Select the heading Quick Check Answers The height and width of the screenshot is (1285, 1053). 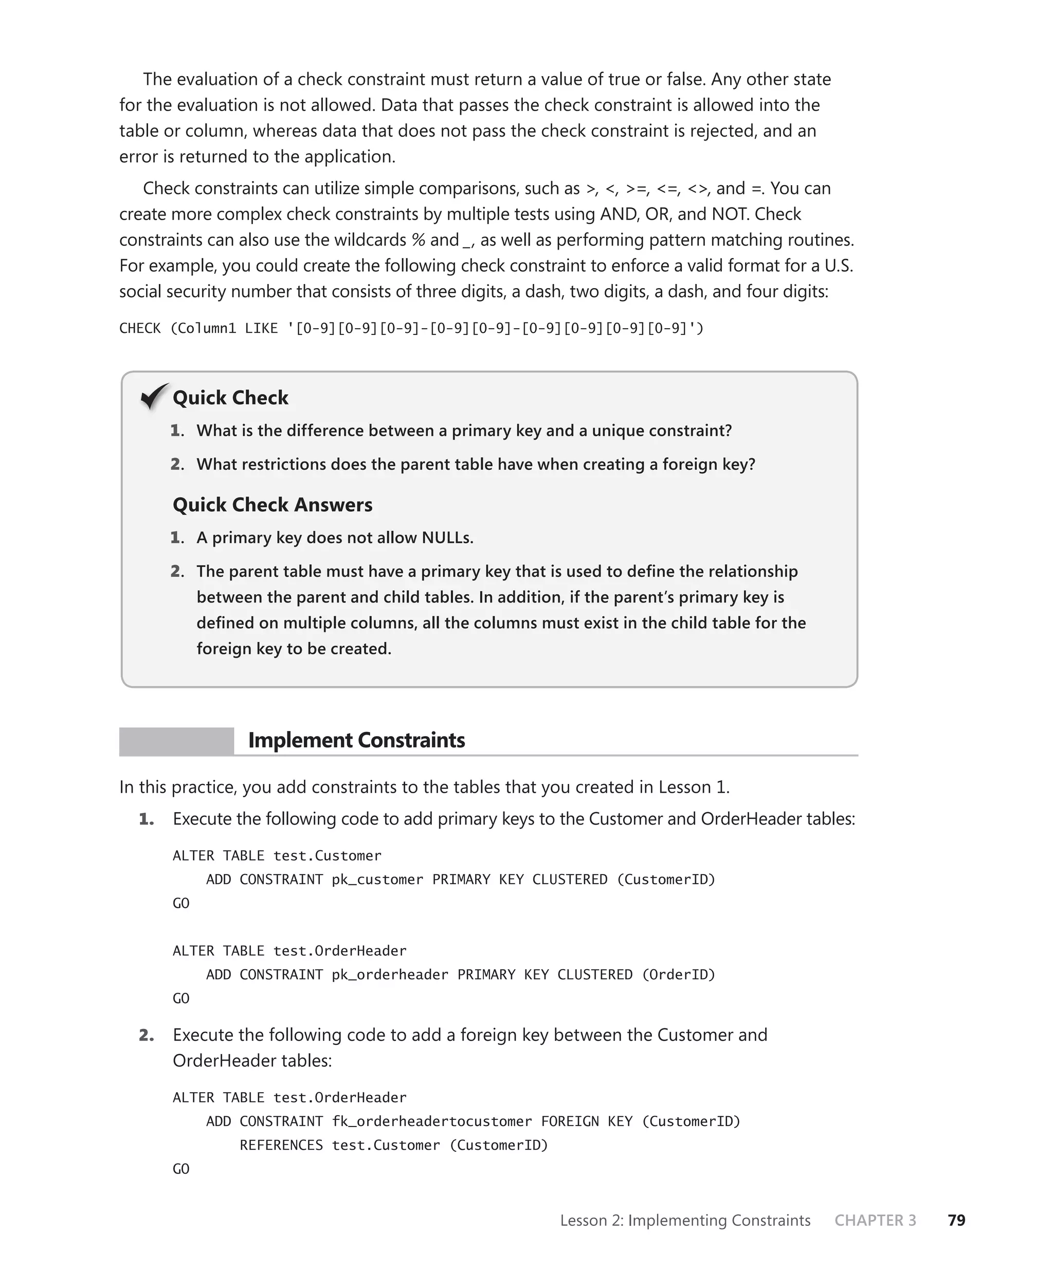tap(273, 505)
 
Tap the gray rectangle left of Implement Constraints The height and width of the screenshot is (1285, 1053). tap(176, 741)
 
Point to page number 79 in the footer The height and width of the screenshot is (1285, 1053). tap(956, 1220)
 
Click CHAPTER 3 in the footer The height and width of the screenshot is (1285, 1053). tap(875, 1220)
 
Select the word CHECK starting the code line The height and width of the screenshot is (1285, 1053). tap(139, 328)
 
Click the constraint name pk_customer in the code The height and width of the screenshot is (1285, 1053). tap(377, 879)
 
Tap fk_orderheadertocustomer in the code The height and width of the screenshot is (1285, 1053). tap(431, 1121)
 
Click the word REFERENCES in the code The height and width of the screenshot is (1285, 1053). tap(281, 1145)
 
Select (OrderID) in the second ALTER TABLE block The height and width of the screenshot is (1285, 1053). tap(678, 974)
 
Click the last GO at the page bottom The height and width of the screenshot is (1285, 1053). tap(181, 1169)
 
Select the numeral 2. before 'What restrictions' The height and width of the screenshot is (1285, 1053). tap(177, 464)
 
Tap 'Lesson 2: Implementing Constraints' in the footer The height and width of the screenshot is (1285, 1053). tap(685, 1220)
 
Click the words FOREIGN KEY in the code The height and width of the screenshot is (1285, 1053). tap(586, 1121)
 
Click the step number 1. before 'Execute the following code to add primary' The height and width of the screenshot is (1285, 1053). tap(146, 819)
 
